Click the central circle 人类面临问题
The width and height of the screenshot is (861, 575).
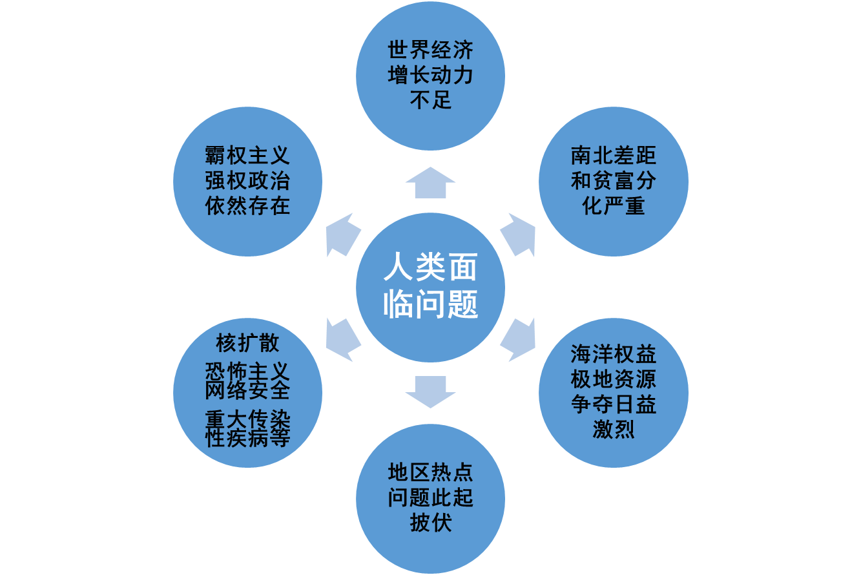pos(430,287)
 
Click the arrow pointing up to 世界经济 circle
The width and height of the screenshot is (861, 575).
pos(430,183)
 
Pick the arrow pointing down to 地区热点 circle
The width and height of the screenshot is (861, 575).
pos(430,392)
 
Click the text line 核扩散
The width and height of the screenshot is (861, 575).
pos(247,342)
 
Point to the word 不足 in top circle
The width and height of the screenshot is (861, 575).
pos(430,100)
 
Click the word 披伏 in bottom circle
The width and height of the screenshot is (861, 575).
pos(430,523)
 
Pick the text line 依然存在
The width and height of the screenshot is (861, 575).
pos(247,205)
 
